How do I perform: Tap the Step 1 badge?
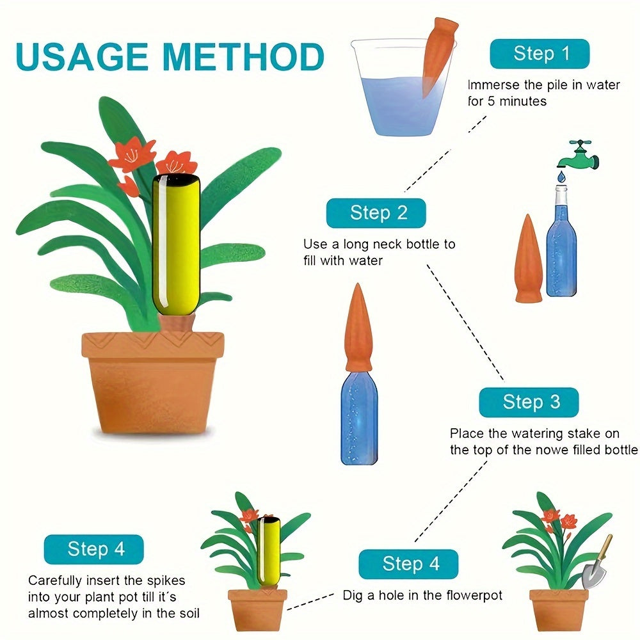540,53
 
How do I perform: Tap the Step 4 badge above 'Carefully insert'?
93,549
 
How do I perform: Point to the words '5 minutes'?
517,101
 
